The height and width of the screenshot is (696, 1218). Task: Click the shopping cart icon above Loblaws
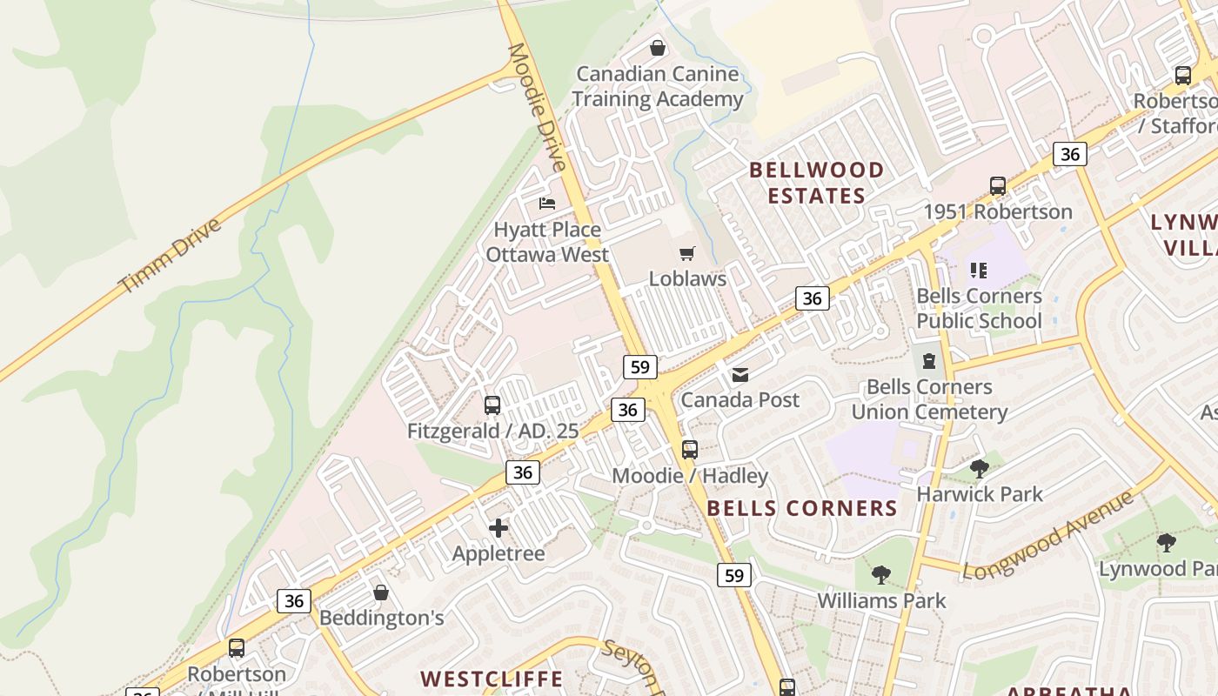coord(687,253)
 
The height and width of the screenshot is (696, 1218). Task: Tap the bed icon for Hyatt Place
coord(547,204)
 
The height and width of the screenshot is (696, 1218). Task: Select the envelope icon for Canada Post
coord(740,375)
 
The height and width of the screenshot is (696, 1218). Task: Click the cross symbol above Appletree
coord(499,528)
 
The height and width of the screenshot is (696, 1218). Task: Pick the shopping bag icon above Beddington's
coord(381,592)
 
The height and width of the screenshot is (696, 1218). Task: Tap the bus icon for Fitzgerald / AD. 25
coord(492,405)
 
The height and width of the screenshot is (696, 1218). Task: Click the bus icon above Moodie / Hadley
coord(690,450)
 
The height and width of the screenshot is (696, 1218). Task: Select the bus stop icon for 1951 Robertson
coord(998,186)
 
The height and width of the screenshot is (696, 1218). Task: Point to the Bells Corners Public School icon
coord(979,271)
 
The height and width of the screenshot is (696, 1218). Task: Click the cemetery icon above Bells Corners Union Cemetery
coord(929,361)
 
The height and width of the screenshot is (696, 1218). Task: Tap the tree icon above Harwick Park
coord(980,469)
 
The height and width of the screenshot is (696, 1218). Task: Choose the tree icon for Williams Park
coord(881,575)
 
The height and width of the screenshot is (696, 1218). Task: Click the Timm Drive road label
coord(171,256)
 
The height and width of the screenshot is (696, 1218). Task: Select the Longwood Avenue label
coord(1049,534)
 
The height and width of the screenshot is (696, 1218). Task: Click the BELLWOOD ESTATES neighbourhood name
coord(816,183)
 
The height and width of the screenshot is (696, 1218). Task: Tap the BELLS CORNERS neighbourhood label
coord(801,508)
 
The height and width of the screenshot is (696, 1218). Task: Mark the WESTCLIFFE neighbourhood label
coord(492,679)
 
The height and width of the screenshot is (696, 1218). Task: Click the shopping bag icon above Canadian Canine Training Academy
coord(658,48)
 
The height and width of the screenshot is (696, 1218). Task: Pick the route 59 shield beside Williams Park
coord(734,575)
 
